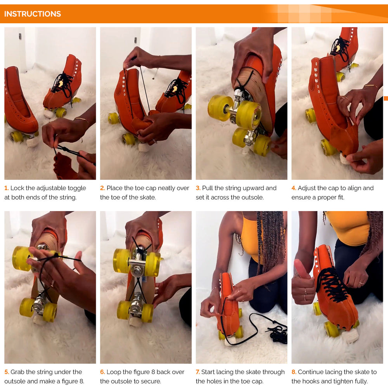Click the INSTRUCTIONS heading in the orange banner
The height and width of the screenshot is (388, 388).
pyautogui.click(x=33, y=14)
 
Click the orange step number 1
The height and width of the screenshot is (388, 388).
pyautogui.click(x=7, y=188)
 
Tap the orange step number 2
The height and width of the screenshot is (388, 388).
pyautogui.click(x=102, y=188)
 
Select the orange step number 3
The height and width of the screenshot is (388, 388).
pyautogui.click(x=198, y=188)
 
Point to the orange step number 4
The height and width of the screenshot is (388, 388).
pyautogui.click(x=294, y=188)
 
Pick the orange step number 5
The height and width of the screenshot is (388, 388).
pyautogui.click(x=7, y=372)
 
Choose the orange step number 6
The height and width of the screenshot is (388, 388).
pyautogui.click(x=102, y=372)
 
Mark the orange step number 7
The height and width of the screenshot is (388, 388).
pyautogui.click(x=198, y=372)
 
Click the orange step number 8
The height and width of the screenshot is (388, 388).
pyautogui.click(x=294, y=372)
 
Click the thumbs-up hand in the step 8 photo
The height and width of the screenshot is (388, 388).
pyautogui.click(x=303, y=282)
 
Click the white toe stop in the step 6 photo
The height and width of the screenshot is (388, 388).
pyautogui.click(x=135, y=321)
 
